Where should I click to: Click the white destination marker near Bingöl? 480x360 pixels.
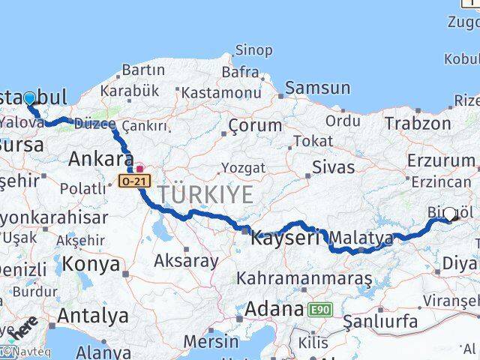(450, 214)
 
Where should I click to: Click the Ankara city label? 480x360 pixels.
(101, 159)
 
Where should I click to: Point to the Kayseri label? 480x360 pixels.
(286, 238)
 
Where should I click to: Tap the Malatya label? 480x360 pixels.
(361, 238)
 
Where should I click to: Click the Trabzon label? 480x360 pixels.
(418, 123)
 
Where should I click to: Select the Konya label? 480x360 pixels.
(91, 264)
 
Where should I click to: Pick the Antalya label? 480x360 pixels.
(92, 316)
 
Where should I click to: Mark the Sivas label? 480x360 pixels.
(333, 165)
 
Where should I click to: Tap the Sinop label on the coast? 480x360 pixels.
(253, 50)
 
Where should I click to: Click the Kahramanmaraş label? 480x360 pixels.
(304, 278)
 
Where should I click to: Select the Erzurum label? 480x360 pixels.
(441, 160)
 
